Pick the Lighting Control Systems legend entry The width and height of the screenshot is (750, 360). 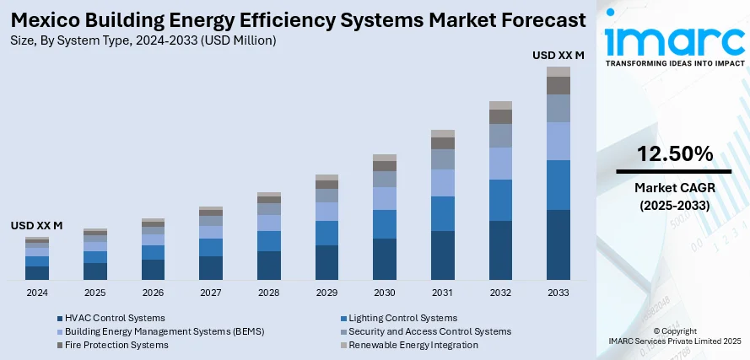click(x=402, y=318)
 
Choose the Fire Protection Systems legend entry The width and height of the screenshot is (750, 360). click(x=116, y=345)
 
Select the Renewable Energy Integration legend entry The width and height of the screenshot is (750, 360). click(x=413, y=345)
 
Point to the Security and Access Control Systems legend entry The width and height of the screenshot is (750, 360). click(x=429, y=331)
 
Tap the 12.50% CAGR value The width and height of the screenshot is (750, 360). click(x=675, y=154)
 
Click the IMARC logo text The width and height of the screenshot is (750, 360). click(x=675, y=39)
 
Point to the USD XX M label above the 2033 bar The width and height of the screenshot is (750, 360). click(x=558, y=56)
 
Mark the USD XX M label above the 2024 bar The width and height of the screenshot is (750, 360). click(x=37, y=226)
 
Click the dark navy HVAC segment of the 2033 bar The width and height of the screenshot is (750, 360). click(x=558, y=244)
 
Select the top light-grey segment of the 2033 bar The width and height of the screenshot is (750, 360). click(x=558, y=72)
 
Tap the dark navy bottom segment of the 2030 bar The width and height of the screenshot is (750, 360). click(x=385, y=259)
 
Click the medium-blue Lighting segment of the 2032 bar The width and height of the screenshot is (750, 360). click(x=501, y=200)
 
